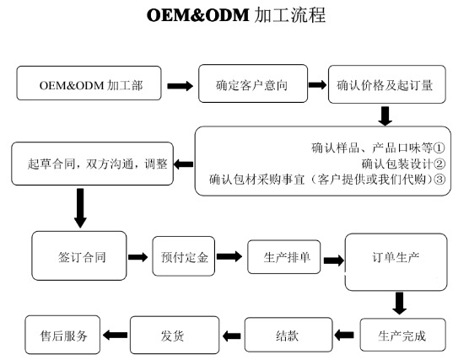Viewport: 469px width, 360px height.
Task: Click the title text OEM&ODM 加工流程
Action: pyautogui.click(x=235, y=17)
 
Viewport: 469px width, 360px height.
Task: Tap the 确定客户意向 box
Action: pyautogui.click(x=251, y=85)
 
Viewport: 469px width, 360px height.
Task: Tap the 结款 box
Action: pyautogui.click(x=286, y=335)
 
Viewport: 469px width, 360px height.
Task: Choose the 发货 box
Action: pyautogui.click(x=172, y=335)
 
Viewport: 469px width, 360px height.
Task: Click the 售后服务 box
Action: pyautogui.click(x=63, y=334)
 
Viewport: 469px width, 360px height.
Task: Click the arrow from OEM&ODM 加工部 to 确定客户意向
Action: pyautogui.click(x=180, y=86)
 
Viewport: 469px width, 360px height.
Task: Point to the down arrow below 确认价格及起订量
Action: pyautogui.click(x=385, y=115)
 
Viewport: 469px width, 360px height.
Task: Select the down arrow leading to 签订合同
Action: pyautogui.click(x=80, y=207)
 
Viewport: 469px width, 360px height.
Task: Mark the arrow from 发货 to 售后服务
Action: pyautogui.click(x=114, y=335)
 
